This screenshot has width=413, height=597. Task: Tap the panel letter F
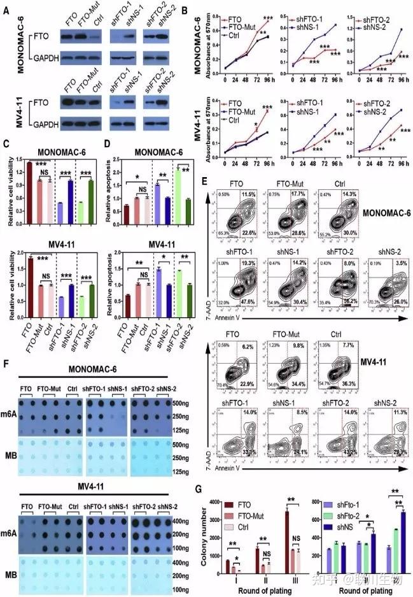[6, 364]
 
